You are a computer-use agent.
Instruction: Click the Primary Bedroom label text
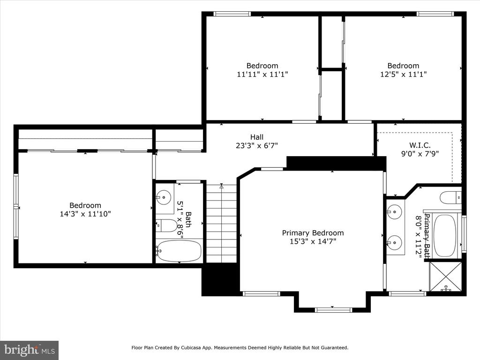click(313, 233)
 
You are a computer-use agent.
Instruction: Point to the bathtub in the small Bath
click(179, 251)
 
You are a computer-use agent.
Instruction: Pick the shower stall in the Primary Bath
click(446, 277)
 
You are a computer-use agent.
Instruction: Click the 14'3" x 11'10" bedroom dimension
click(85, 214)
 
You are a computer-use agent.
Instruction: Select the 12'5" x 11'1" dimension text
click(403, 74)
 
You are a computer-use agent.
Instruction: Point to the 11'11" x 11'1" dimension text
click(262, 74)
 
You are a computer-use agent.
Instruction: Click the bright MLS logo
click(29, 350)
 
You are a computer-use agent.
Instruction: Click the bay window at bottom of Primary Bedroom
click(333, 309)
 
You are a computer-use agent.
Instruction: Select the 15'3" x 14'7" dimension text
click(313, 241)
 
